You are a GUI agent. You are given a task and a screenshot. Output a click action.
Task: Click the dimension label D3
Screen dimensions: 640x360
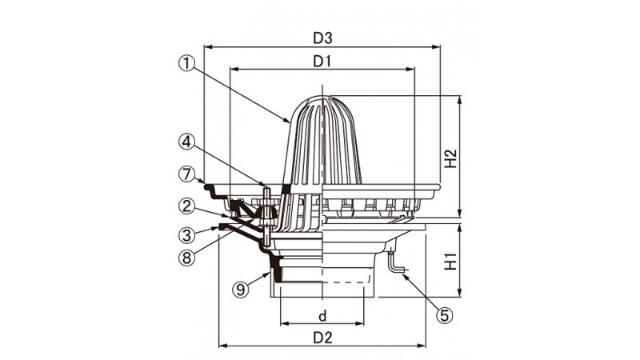322,38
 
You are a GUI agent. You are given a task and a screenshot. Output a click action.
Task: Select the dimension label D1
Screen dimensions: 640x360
322,62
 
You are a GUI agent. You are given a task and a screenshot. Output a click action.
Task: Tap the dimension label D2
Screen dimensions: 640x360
322,338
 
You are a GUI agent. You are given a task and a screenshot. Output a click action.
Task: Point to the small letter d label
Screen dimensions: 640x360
322,316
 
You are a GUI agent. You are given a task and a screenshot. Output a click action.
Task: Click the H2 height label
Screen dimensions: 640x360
451,158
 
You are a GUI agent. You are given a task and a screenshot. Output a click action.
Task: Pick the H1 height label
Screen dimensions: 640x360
451,262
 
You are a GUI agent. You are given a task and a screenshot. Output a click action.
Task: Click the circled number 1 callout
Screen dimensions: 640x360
186,63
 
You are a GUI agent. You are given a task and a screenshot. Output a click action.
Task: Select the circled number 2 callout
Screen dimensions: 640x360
186,206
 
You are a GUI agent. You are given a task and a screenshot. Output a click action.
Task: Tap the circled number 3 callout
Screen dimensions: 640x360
186,234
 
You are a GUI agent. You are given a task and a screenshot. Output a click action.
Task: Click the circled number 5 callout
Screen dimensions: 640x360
444,315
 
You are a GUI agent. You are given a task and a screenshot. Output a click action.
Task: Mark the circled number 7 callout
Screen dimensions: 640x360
186,174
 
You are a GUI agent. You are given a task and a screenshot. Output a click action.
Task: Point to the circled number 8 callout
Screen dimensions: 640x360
186,258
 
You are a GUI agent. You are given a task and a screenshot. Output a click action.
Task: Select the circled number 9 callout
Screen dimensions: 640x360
241,290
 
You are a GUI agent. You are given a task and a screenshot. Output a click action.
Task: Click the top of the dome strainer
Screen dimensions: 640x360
322,96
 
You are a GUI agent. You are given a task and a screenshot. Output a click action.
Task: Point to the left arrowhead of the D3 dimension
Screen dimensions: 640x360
207,47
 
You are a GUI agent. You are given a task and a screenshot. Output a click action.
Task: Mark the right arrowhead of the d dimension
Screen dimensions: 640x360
360,324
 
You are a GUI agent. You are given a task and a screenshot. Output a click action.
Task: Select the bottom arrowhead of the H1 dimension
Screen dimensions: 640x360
460,294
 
